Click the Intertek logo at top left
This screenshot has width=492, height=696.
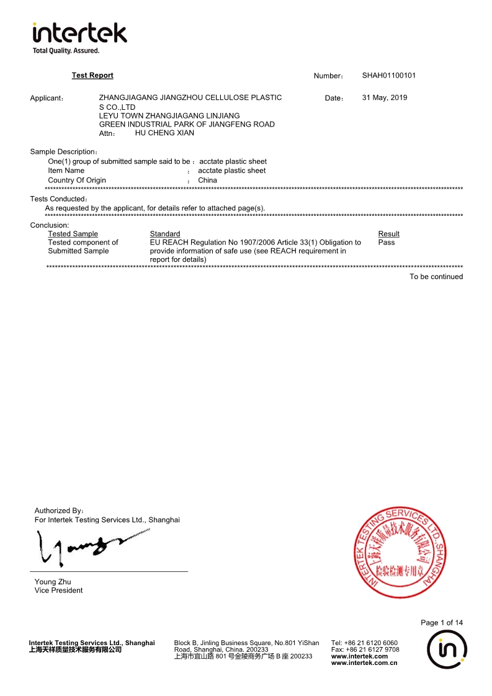click(x=79, y=37)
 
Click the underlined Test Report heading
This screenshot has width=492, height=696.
click(x=92, y=76)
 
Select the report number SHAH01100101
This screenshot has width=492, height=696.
click(x=389, y=76)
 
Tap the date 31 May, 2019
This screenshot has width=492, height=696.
click(x=385, y=97)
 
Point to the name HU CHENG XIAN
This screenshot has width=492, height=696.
click(x=164, y=133)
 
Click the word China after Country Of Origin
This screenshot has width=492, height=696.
click(x=207, y=181)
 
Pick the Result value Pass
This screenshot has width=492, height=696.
click(x=386, y=243)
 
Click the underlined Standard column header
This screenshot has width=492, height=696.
click(x=165, y=234)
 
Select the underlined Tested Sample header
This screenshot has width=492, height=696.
click(x=73, y=234)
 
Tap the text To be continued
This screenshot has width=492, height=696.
click(x=436, y=277)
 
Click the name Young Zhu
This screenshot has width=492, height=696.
click(x=53, y=582)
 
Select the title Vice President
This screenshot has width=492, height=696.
click(x=58, y=591)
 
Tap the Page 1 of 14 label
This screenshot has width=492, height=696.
click(x=441, y=623)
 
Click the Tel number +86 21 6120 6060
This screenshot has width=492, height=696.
click(x=371, y=643)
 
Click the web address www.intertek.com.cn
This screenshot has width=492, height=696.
click(x=364, y=663)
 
